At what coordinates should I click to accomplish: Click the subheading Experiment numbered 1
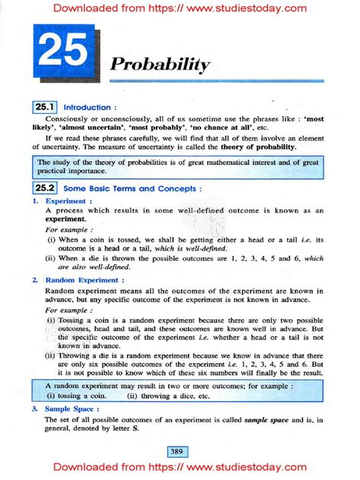point(66,201)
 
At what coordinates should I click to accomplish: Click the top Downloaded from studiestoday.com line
point(180,9)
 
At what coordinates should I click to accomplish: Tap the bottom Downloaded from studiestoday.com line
point(180,469)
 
